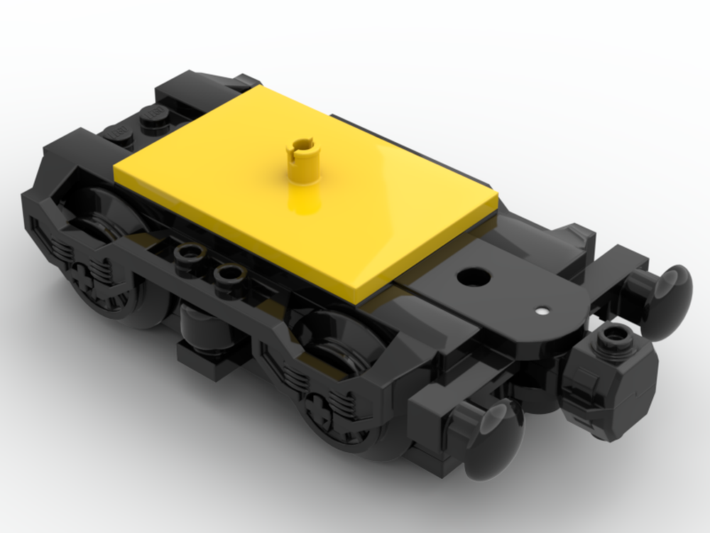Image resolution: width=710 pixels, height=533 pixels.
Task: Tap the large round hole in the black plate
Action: [469, 276]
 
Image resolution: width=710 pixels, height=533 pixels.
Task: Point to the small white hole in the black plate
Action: [542, 311]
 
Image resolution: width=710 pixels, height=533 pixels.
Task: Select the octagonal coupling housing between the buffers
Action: [611, 384]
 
